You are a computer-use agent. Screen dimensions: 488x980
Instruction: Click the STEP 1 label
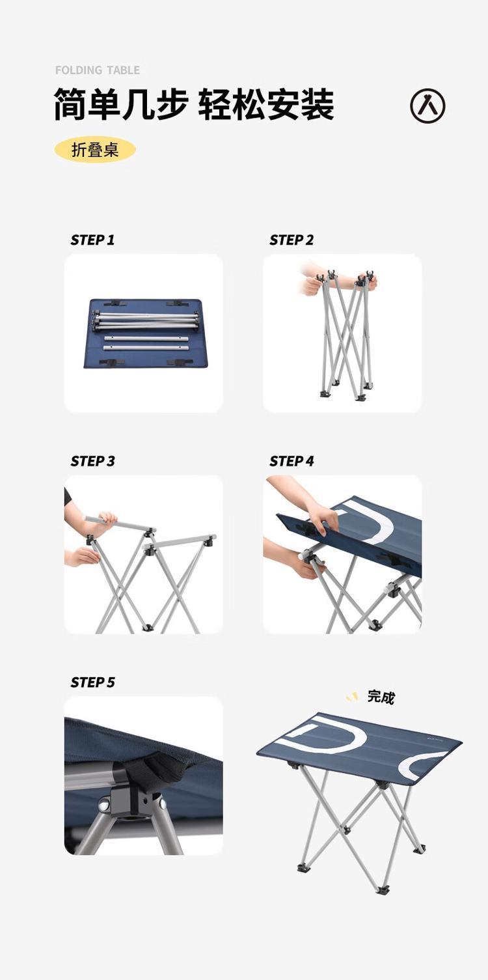point(92,240)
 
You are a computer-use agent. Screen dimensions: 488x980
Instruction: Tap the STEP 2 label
point(291,240)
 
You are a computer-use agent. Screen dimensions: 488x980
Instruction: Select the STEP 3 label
point(92,461)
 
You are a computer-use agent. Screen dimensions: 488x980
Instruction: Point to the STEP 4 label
point(291,461)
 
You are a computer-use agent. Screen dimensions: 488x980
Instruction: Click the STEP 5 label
point(92,682)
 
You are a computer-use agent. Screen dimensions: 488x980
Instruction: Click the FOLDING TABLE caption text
point(98,70)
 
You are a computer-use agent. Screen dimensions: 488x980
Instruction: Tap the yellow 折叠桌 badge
point(95,150)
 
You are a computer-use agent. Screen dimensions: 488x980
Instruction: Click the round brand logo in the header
point(427,106)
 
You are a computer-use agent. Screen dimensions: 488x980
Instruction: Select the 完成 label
point(381,697)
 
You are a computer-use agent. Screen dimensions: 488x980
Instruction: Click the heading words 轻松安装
point(266,104)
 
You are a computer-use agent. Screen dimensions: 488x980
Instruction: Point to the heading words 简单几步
point(121,104)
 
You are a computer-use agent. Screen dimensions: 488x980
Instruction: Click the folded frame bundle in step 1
point(145,320)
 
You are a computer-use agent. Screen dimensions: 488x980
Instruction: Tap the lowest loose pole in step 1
point(146,348)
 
